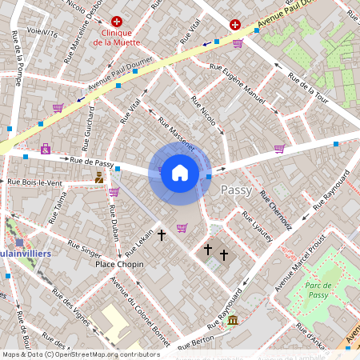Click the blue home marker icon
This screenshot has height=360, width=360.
pyautogui.click(x=180, y=173)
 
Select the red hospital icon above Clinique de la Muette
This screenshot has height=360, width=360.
pyautogui.click(x=117, y=22)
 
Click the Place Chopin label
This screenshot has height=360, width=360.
pyautogui.click(x=119, y=264)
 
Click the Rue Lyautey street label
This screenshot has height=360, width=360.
pyautogui.click(x=257, y=224)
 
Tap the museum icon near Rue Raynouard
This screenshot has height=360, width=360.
pyautogui.click(x=232, y=321)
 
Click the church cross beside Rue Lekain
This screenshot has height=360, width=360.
pyautogui.click(x=162, y=235)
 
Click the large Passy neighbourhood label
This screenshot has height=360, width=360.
pyautogui.click(x=236, y=190)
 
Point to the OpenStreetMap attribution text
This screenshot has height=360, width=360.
pyautogui.click(x=81, y=354)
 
